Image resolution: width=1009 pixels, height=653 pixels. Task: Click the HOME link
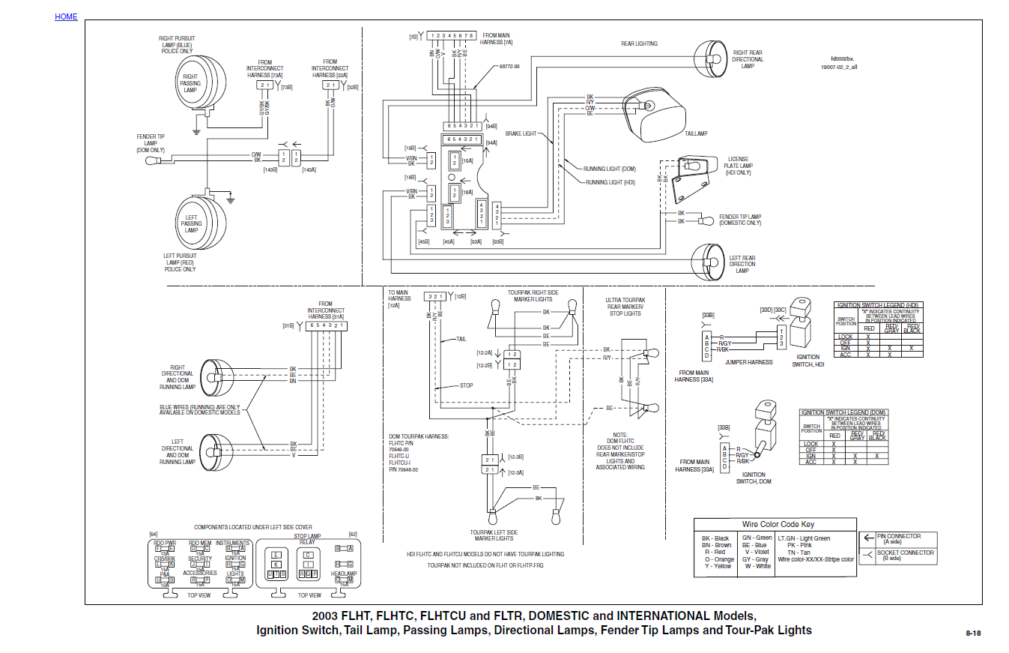(66, 16)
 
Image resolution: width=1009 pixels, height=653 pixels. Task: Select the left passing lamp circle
(192, 222)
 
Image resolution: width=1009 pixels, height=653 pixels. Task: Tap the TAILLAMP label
(696, 133)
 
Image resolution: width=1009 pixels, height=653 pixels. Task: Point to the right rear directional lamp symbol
(707, 57)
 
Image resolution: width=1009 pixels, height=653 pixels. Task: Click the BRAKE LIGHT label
(521, 133)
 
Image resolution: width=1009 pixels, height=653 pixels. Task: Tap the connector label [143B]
(270, 170)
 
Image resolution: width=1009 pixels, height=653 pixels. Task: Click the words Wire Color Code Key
(778, 524)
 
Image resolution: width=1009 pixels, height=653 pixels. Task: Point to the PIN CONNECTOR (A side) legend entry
(898, 538)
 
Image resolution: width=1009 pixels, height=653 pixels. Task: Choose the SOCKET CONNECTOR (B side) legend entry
(905, 556)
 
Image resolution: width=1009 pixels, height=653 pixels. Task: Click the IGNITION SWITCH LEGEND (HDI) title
(878, 305)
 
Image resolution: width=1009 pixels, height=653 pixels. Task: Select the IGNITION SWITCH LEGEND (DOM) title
(844, 412)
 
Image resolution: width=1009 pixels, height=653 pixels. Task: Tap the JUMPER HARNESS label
(748, 362)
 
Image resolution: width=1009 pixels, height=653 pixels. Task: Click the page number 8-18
(974, 634)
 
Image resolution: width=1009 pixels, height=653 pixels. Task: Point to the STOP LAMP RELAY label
(307, 539)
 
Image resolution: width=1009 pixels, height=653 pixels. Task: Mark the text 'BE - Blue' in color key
(755, 545)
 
